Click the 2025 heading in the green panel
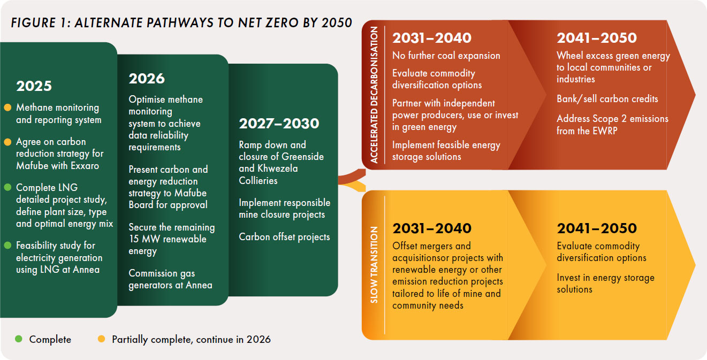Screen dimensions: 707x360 point(34,86)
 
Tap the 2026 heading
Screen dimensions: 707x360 point(147,79)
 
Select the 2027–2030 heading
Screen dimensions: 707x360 point(279,124)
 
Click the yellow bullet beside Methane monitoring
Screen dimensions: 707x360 point(7,108)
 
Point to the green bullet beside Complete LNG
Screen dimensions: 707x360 point(7,187)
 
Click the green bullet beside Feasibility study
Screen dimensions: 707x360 point(7,245)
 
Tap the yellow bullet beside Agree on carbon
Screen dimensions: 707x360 point(7,142)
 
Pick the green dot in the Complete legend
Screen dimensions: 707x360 point(19,339)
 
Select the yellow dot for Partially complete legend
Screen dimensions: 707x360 point(101,339)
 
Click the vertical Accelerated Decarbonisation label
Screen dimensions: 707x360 point(374,95)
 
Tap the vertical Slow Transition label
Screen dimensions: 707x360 point(374,265)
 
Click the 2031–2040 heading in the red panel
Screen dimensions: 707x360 point(432,38)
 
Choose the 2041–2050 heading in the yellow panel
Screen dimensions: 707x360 point(597,228)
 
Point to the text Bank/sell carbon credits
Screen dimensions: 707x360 point(607,99)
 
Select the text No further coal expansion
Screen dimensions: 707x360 point(446,56)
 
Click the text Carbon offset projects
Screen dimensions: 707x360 point(284,237)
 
